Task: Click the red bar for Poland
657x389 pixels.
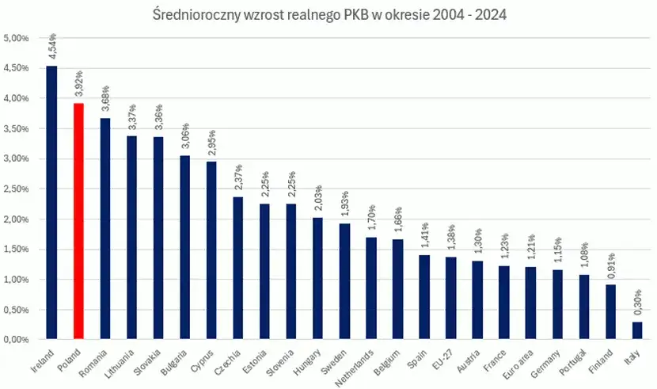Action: click(x=78, y=221)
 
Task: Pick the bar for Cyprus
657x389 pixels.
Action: click(x=211, y=250)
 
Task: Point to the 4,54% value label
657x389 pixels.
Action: click(x=52, y=47)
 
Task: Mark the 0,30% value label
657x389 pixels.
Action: click(x=638, y=303)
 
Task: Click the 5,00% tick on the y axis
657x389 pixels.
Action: click(x=17, y=38)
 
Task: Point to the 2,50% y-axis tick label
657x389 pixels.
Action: click(x=17, y=189)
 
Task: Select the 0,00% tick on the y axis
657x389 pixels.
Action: click(x=17, y=340)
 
